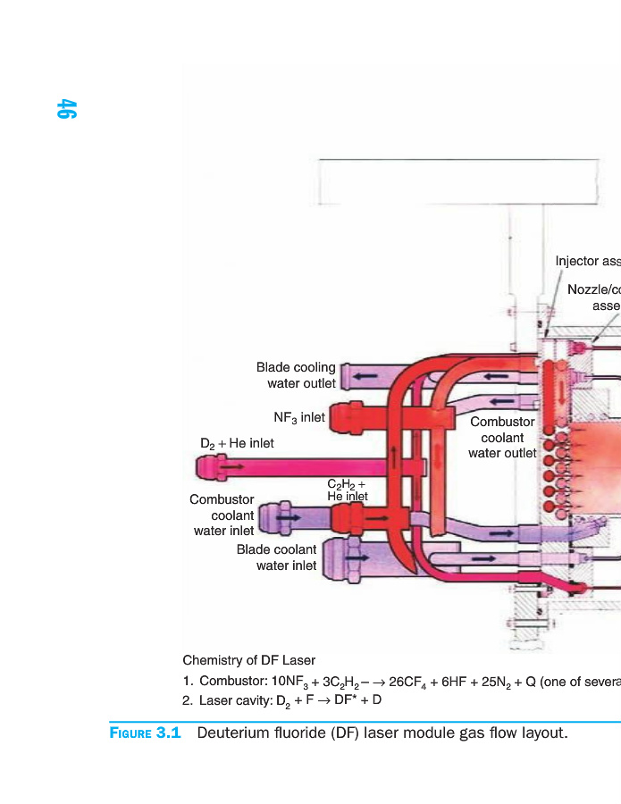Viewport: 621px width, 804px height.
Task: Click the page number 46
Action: click(x=67, y=109)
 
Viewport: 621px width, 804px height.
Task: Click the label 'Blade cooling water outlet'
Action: click(x=296, y=375)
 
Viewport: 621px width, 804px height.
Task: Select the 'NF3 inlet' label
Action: click(x=298, y=417)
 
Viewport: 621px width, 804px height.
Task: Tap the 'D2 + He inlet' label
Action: click(x=237, y=443)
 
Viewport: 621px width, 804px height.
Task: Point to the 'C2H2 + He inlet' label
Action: click(x=347, y=490)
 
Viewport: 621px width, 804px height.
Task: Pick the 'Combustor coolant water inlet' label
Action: click(x=222, y=515)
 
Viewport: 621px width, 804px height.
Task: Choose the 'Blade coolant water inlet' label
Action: click(x=276, y=557)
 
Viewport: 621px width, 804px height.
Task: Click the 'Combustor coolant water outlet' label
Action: click(x=502, y=437)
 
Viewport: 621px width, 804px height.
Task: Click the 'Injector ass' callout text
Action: click(x=587, y=262)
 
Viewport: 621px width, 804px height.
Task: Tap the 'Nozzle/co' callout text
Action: click(x=593, y=290)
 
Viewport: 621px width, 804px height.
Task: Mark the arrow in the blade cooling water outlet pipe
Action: click(x=363, y=376)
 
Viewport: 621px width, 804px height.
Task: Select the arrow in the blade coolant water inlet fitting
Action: click(x=357, y=557)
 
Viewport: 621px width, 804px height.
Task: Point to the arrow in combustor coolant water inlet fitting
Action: click(x=289, y=516)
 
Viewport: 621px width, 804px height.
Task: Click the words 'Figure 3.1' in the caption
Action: click(x=146, y=733)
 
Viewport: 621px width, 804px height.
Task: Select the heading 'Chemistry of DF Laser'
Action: click(x=248, y=661)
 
